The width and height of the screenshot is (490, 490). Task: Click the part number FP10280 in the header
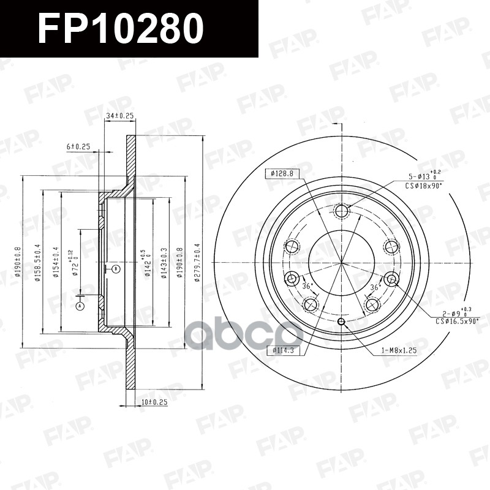point(120,29)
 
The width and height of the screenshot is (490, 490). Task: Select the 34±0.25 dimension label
point(120,115)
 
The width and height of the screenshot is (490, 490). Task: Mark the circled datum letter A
point(80,306)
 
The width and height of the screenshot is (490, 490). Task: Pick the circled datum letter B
point(115,268)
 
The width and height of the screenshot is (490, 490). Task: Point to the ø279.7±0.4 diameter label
point(197,263)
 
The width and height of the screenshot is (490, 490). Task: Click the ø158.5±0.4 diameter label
point(37,263)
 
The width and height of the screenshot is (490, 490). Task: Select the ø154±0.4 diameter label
point(56,263)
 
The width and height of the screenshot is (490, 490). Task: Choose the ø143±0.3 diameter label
point(164,263)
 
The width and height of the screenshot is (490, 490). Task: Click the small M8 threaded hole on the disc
point(342,323)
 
